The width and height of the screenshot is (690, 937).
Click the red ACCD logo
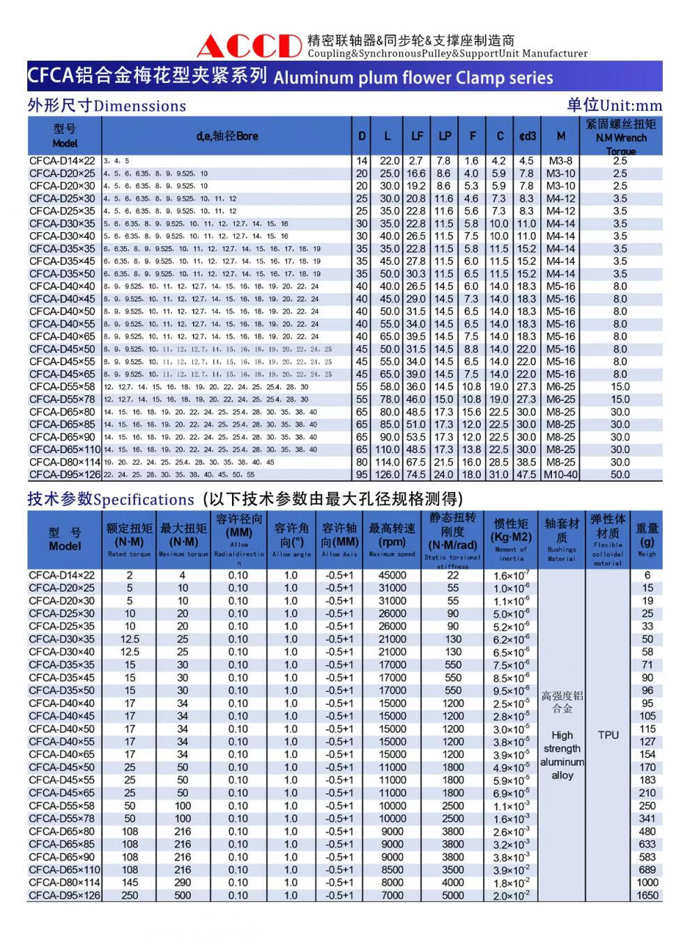point(249,46)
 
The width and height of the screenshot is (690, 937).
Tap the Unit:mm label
point(630,106)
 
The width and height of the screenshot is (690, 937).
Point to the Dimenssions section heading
point(139,106)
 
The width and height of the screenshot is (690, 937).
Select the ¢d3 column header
point(527,136)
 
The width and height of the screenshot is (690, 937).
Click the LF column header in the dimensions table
point(416,136)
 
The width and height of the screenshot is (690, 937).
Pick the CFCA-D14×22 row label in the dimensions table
point(62,161)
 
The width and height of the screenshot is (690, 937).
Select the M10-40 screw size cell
point(561,475)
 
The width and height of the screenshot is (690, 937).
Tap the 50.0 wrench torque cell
point(620,475)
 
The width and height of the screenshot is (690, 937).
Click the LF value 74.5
point(416,475)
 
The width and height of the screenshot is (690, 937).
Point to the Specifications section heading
point(144,499)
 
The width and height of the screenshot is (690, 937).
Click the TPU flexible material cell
point(608,735)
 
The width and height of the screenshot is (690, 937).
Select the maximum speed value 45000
point(392,576)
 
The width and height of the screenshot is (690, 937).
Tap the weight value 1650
point(647,895)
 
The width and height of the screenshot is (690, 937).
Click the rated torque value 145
point(130,883)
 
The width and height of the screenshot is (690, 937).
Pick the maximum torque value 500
point(183,895)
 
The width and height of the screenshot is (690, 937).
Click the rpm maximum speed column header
point(392,542)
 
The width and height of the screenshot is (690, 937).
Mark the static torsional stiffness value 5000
point(452,895)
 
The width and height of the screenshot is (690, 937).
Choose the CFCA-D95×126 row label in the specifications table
point(64,895)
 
